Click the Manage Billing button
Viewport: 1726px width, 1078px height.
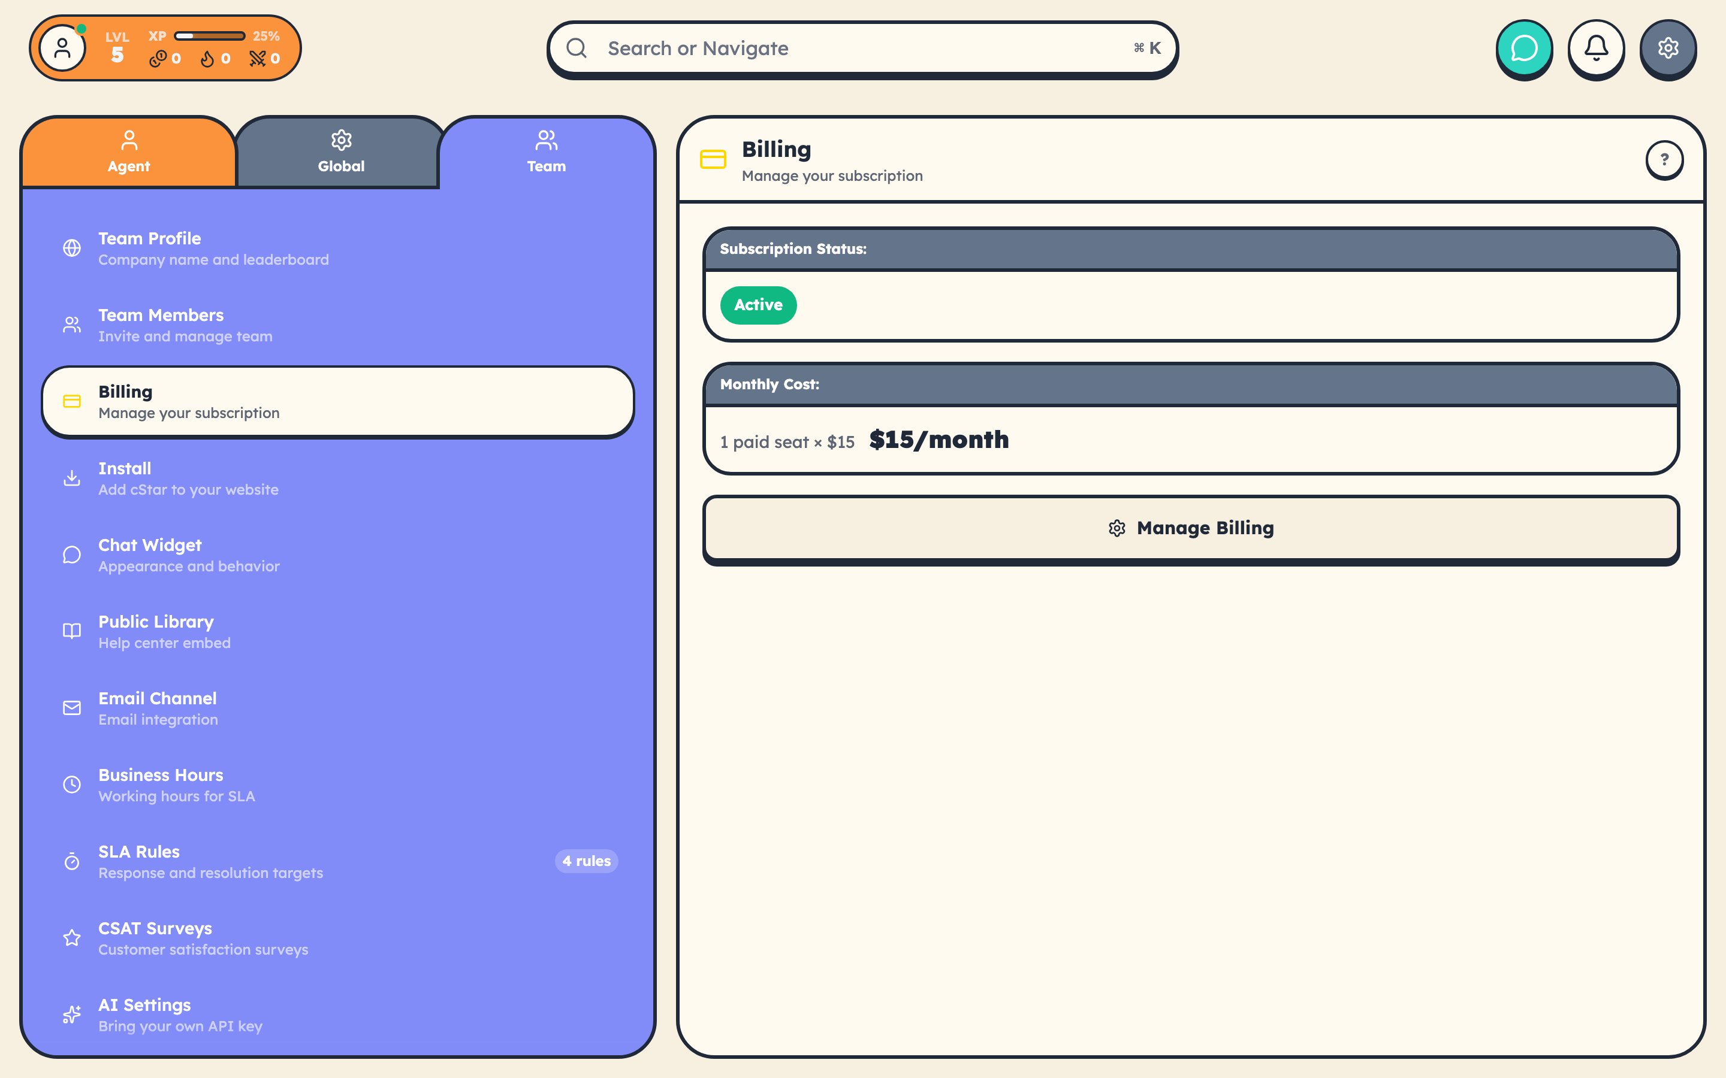[1190, 528]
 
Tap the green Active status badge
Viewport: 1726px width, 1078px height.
[758, 305]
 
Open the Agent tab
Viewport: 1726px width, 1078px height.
[129, 152]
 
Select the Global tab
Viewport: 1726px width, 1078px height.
[341, 152]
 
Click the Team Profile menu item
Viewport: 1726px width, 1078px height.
[213, 248]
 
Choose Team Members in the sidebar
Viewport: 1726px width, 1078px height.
[185, 325]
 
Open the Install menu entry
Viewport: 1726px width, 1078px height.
[188, 479]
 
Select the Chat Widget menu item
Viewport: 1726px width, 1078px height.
[189, 555]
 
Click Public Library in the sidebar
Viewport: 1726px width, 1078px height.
[165, 632]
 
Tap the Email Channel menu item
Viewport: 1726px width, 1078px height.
[158, 708]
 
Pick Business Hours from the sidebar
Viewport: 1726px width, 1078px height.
[177, 785]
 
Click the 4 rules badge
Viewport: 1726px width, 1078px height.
[586, 861]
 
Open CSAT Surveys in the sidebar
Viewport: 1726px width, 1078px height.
[203, 938]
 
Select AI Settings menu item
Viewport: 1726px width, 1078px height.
[180, 1015]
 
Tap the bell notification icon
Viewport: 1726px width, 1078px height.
[1596, 49]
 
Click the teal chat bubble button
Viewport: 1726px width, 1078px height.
[1524, 49]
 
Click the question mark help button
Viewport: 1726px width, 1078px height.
[1664, 160]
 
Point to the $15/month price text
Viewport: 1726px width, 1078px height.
[939, 440]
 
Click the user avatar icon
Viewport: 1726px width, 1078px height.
[63, 49]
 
